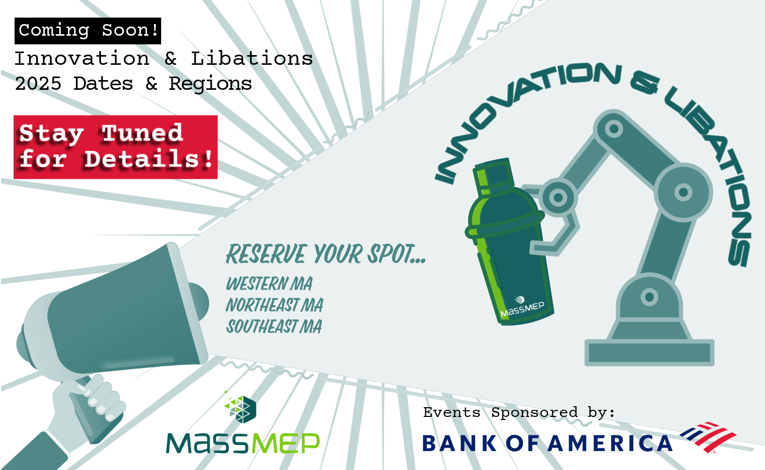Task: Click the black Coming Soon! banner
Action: click(x=88, y=31)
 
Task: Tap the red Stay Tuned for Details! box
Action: click(x=115, y=147)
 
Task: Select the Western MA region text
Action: click(x=269, y=284)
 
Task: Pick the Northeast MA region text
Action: click(x=274, y=305)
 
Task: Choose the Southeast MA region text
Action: click(x=274, y=326)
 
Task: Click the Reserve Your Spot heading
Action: click(x=326, y=254)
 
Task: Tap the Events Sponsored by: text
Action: click(x=519, y=412)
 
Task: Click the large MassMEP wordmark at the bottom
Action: click(x=243, y=443)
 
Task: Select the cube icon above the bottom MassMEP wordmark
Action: click(x=240, y=409)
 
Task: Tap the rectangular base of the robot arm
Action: click(x=649, y=353)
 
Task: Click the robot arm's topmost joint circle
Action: click(x=614, y=129)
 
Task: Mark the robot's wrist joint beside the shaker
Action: click(x=558, y=197)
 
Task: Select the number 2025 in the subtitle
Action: click(x=38, y=84)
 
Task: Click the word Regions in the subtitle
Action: click(x=210, y=84)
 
